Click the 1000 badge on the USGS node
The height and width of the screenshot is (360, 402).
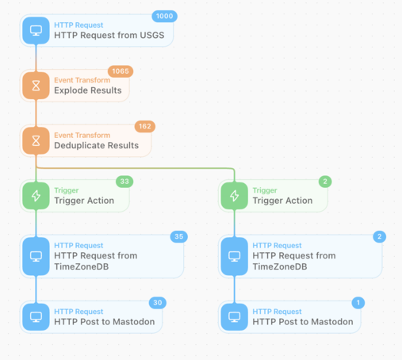pos(164,16)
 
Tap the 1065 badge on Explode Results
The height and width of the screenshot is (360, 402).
pos(121,71)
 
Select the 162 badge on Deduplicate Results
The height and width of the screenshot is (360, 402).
pos(145,126)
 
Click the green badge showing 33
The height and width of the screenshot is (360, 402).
pos(124,182)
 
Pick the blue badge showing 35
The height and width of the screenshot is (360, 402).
pos(179,236)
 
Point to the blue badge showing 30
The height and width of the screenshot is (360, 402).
pos(158,303)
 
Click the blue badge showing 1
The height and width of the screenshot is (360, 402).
pos(358,303)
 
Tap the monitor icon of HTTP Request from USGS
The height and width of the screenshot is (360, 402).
pos(36,31)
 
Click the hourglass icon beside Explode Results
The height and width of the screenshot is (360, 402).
pos(36,86)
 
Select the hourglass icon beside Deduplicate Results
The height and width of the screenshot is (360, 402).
pos(36,140)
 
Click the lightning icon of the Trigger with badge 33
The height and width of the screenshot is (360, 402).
pos(36,196)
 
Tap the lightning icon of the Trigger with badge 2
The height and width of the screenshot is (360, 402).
pos(235,196)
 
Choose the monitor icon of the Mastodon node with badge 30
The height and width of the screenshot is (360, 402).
pos(36,317)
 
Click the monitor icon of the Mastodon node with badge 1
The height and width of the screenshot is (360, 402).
pos(235,317)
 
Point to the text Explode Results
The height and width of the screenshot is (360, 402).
pos(88,90)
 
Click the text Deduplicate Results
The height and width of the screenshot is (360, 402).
pos(96,145)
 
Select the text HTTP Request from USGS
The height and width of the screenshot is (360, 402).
pos(109,35)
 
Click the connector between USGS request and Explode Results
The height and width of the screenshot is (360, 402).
pos(36,58)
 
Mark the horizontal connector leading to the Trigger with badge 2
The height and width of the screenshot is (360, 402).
pos(136,168)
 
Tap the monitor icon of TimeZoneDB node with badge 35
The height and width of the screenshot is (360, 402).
pos(36,256)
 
